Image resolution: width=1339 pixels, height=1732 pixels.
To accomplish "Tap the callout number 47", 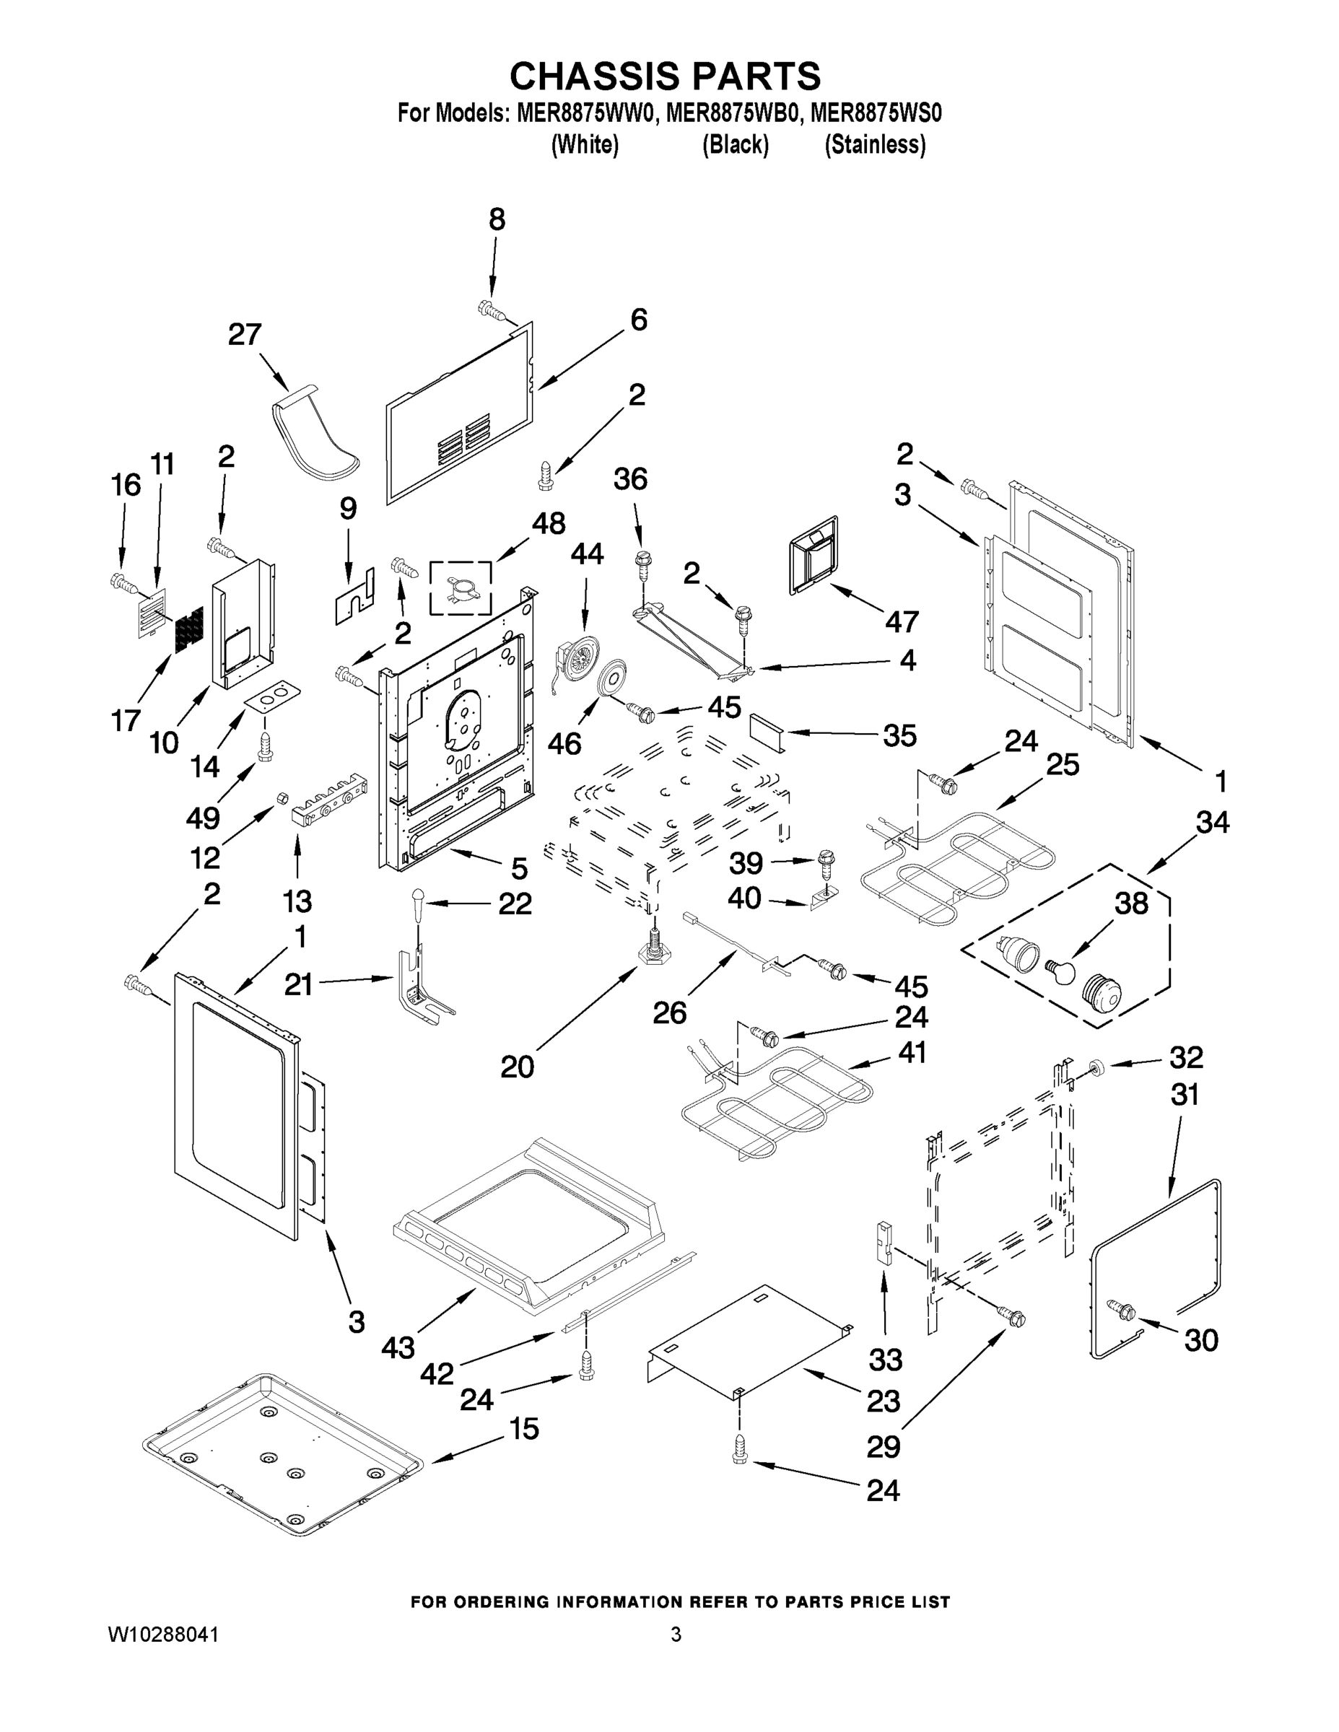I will [x=901, y=622].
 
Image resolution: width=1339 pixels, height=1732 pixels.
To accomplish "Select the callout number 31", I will [x=1185, y=1095].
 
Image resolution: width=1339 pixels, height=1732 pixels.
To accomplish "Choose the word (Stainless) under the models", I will [x=875, y=144].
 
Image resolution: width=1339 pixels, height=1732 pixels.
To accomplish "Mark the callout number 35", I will [x=899, y=735].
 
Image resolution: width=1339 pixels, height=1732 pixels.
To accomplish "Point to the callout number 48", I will [x=548, y=523].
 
